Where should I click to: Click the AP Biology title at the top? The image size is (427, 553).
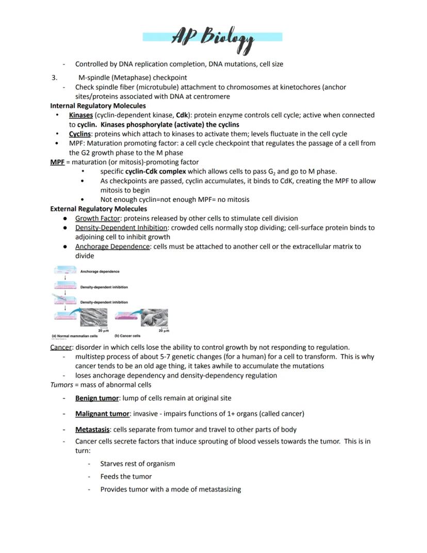click(x=212, y=38)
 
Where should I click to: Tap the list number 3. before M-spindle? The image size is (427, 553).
click(x=54, y=77)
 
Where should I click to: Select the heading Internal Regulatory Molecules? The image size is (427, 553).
click(x=98, y=106)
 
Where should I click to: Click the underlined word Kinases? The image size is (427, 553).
click(x=81, y=115)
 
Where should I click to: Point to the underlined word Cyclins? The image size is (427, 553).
click(x=80, y=134)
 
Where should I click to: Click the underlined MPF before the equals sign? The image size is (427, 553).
click(x=57, y=162)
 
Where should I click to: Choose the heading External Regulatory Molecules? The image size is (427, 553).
click(x=98, y=209)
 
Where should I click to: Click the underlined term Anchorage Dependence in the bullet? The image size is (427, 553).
click(x=112, y=247)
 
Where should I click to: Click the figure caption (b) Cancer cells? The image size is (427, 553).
click(x=127, y=336)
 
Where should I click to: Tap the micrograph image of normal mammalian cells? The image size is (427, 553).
click(x=94, y=318)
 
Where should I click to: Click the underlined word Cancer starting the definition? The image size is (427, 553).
click(x=61, y=347)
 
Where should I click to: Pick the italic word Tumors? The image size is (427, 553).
click(x=61, y=385)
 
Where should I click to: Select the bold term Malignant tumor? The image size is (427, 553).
click(x=102, y=414)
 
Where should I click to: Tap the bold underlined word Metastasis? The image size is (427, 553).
click(x=92, y=430)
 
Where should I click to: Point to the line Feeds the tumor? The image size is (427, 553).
click(x=126, y=477)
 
